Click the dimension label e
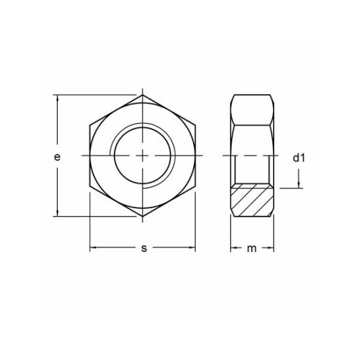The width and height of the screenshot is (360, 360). coord(57,157)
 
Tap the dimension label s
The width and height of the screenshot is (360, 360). coord(143,248)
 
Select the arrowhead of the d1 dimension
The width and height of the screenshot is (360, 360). coord(299,184)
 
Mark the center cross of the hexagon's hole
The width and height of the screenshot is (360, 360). coord(143,156)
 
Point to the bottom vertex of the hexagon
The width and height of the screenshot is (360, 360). coord(143,215)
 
